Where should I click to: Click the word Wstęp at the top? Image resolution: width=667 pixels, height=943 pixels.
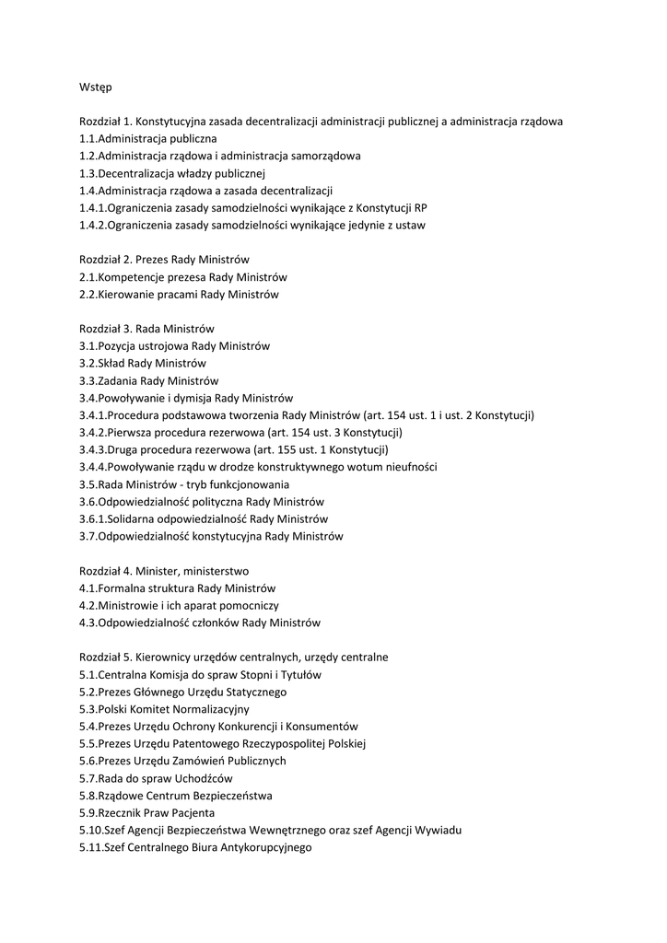coord(96,87)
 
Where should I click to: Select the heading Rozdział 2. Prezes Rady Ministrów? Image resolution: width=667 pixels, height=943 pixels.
coord(164,260)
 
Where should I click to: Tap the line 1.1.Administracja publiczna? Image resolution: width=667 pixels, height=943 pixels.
coord(147,138)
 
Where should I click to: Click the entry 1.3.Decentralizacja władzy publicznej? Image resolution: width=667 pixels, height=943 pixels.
coord(172,173)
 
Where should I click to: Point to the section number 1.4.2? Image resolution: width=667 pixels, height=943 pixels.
coord(93,225)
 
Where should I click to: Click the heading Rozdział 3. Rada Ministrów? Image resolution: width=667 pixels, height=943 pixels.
coord(146,329)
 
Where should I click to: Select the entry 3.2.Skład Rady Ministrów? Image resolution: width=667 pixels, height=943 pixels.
coord(142,363)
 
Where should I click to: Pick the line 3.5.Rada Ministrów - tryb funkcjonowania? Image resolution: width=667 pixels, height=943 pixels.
coord(184,484)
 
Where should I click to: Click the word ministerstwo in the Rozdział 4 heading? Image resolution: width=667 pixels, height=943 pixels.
coord(216,571)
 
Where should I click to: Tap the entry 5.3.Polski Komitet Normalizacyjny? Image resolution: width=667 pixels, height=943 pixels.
coord(164,709)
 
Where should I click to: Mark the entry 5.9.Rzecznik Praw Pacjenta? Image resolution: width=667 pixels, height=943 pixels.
coord(146,813)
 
